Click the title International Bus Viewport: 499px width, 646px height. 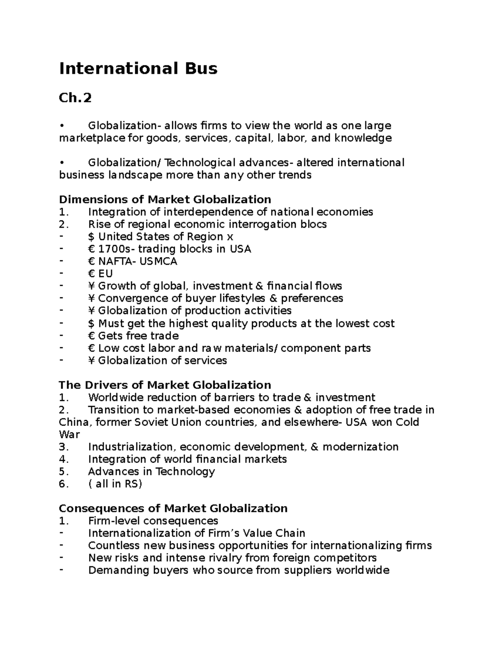click(x=138, y=68)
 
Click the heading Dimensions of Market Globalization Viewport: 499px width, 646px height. click(x=165, y=199)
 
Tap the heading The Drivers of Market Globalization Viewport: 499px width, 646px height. click(x=165, y=385)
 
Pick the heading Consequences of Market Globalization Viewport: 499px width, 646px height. click(x=173, y=508)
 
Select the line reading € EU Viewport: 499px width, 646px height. click(x=100, y=274)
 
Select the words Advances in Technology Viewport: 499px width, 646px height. click(x=151, y=471)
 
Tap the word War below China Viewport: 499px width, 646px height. click(x=69, y=434)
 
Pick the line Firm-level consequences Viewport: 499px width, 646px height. click(x=153, y=521)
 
